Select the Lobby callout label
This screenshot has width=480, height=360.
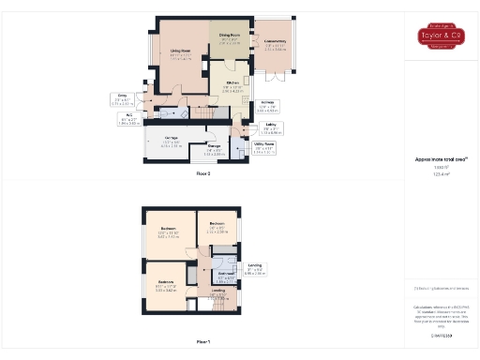point(270,127)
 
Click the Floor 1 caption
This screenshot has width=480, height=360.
point(203,341)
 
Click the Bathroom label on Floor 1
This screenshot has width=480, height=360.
point(226,276)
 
